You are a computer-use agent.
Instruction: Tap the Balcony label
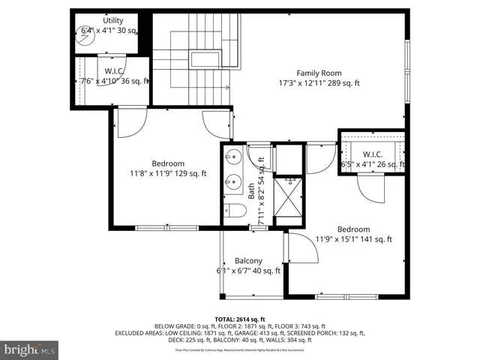(247, 260)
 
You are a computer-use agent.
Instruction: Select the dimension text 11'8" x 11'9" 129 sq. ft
(168, 174)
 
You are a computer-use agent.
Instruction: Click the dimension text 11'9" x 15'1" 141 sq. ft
(353, 240)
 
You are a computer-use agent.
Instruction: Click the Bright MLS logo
(30, 349)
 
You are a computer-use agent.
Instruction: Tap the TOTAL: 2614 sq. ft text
(239, 319)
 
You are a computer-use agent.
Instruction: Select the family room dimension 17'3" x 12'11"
(319, 83)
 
